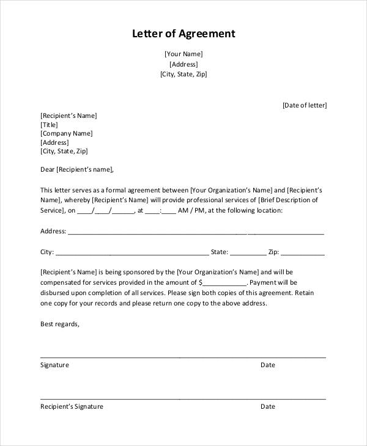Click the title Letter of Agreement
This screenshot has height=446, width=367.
[183, 34]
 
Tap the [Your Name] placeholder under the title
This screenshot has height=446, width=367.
[183, 54]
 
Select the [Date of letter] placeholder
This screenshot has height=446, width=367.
[304, 105]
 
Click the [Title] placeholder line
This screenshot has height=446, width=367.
[49, 125]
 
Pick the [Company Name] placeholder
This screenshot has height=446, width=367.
[66, 133]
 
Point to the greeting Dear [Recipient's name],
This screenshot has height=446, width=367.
[77, 170]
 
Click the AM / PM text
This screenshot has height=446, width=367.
[192, 211]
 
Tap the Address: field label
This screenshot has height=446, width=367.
[53, 232]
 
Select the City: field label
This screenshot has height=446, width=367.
[47, 252]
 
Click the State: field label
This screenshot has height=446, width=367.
[220, 252]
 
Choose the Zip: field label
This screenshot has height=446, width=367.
[273, 252]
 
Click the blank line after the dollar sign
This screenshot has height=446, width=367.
[225, 283]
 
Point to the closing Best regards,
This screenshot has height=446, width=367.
[60, 324]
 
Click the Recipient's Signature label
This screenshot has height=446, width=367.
[72, 406]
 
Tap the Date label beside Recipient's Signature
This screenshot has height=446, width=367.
[268, 406]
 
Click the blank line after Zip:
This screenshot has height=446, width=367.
[303, 253]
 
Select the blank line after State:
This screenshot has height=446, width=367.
[248, 253]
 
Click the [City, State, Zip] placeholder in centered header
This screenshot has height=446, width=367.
[183, 75]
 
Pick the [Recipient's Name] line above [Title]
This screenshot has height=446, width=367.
[69, 115]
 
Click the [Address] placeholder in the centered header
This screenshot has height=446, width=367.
[183, 64]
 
